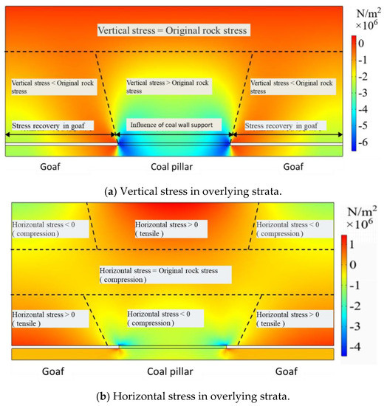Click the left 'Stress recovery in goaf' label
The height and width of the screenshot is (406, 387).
52,125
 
